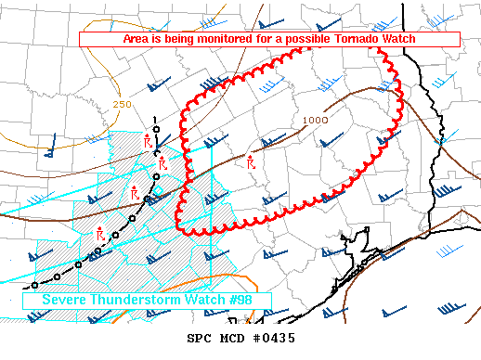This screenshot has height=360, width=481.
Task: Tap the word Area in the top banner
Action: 137,40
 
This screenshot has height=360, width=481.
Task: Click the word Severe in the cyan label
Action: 62,301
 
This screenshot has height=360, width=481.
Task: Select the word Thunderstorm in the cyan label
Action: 138,301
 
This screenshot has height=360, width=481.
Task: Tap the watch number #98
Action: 239,301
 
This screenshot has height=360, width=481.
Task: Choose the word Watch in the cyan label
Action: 202,301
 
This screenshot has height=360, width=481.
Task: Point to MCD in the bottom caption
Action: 237,338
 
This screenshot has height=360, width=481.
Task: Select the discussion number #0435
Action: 278,338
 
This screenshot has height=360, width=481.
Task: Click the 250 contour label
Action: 122,104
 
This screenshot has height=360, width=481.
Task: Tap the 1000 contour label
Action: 315,120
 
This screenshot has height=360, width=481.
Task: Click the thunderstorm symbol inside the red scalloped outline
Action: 251,162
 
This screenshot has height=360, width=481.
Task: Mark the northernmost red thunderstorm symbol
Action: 149,142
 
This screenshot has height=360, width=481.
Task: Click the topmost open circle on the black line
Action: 156,129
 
